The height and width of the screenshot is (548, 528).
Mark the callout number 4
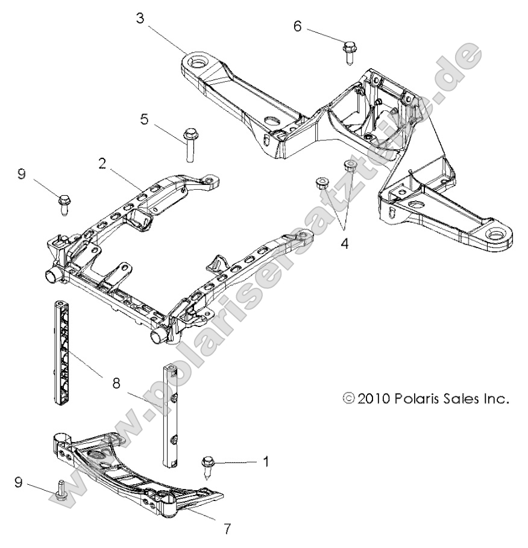pos(344,245)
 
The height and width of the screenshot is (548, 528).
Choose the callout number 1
pos(265,461)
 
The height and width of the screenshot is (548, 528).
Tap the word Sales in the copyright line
pos(471,398)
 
